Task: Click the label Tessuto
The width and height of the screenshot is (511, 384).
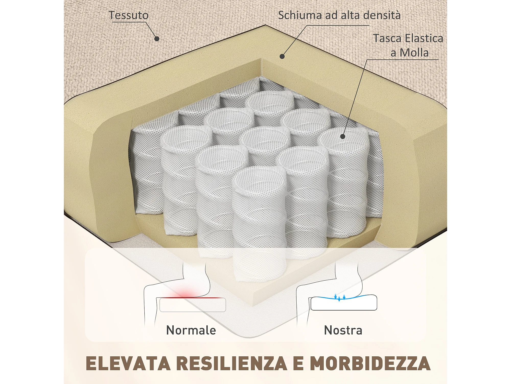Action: (129, 15)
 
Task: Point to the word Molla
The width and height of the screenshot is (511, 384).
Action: (414, 53)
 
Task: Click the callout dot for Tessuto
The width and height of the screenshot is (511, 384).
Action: (157, 39)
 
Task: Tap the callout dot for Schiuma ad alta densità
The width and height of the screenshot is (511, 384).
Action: (282, 56)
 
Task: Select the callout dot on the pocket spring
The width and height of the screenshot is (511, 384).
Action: (343, 136)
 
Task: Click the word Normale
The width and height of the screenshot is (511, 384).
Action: (191, 330)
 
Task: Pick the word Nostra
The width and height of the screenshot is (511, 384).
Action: (343, 330)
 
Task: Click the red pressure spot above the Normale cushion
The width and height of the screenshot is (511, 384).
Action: (187, 293)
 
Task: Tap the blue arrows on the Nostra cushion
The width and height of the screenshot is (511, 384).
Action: (340, 297)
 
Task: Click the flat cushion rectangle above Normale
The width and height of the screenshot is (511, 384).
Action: (193, 305)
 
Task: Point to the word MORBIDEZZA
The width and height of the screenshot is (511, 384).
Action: (370, 364)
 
